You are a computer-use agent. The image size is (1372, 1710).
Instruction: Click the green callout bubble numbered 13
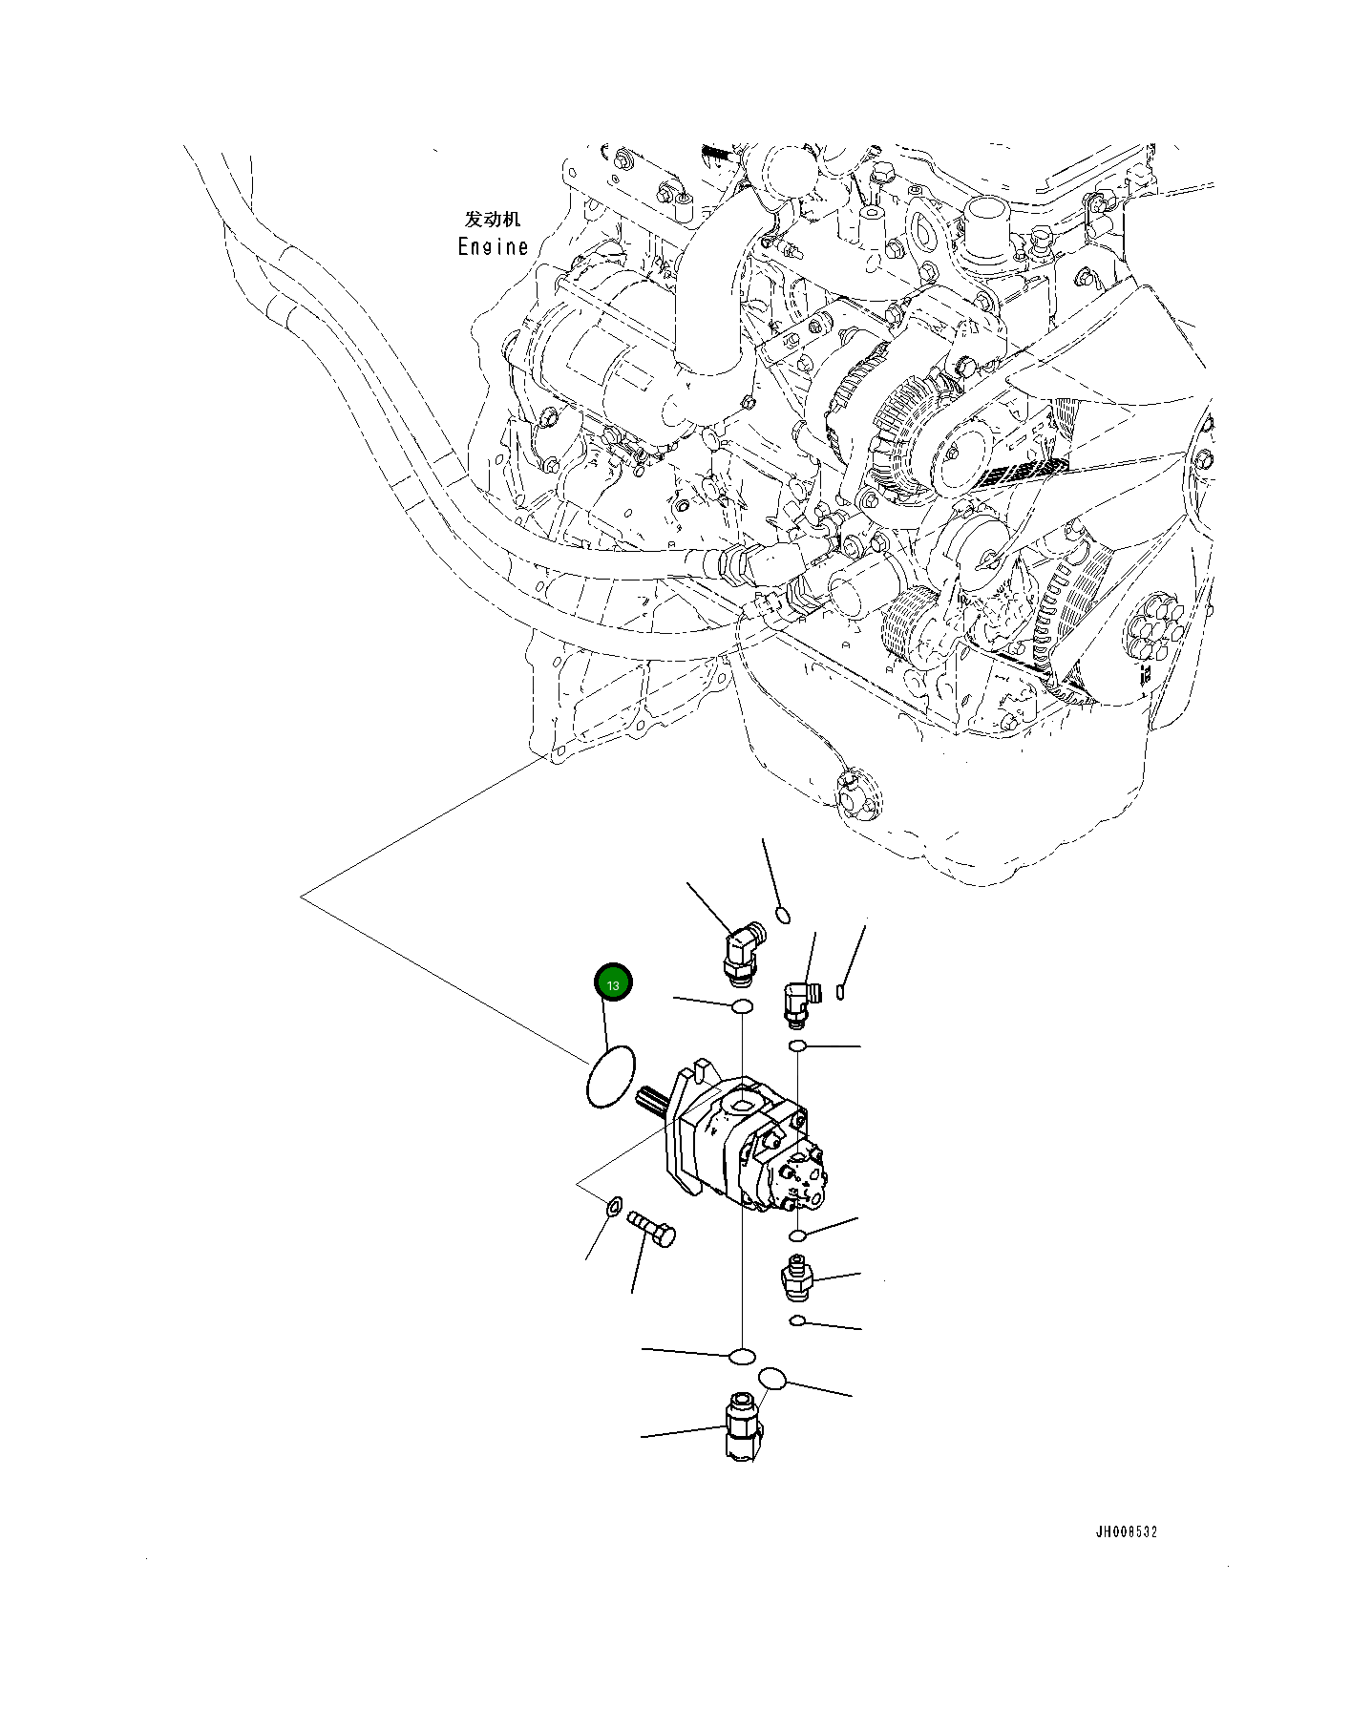[x=613, y=983]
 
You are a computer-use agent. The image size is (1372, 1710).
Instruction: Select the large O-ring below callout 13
[x=610, y=1076]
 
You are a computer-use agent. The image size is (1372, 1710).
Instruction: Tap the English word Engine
[x=493, y=246]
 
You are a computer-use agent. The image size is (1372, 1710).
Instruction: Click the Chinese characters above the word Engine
[x=493, y=220]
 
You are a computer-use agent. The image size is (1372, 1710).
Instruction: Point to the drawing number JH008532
[x=1126, y=1532]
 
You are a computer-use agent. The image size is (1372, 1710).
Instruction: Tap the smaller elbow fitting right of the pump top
[x=799, y=1002]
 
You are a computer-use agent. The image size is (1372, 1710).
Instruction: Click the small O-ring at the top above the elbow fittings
[x=783, y=915]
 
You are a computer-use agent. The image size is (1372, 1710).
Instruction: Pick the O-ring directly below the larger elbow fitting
[x=741, y=1006]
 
